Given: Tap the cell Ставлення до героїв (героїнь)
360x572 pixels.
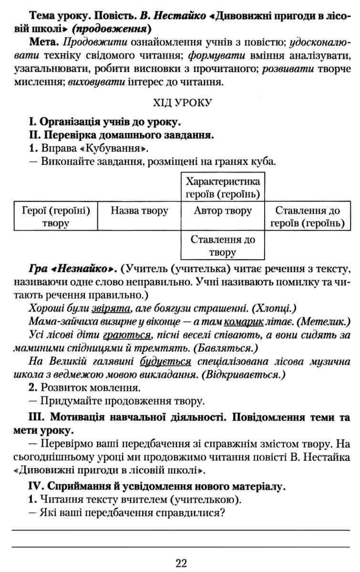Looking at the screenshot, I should pos(308,217).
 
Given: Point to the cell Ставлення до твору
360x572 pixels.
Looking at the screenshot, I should pos(223,245).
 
